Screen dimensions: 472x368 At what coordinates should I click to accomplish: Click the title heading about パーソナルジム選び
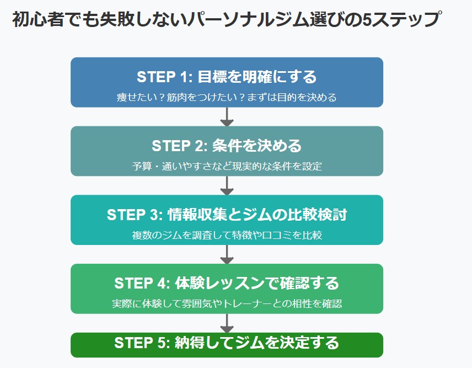[227, 19]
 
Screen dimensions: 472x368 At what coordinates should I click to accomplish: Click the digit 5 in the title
[367, 19]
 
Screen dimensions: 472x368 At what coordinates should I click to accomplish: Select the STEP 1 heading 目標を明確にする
[227, 77]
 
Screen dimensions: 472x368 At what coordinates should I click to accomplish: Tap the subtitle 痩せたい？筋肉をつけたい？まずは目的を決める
[227, 97]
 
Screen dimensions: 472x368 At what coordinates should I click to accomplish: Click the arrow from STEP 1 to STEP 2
[227, 117]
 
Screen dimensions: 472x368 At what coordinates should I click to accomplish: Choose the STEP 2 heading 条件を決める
[227, 146]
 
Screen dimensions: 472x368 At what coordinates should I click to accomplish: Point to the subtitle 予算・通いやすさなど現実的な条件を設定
[227, 166]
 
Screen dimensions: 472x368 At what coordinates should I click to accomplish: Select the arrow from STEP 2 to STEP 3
[227, 185]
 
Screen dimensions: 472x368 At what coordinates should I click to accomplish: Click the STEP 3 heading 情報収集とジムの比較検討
[227, 215]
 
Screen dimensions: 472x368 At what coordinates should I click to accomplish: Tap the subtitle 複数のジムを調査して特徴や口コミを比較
[227, 235]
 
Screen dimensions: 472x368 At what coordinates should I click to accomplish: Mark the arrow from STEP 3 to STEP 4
[227, 254]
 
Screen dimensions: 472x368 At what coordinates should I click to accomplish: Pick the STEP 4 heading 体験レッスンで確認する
[227, 283]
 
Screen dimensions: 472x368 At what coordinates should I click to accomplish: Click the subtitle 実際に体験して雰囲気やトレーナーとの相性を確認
[227, 303]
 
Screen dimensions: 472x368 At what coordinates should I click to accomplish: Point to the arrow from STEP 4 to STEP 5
[227, 323]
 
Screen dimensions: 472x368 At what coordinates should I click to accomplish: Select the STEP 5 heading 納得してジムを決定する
[227, 343]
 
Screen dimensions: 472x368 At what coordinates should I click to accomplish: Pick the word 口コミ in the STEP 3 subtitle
[277, 235]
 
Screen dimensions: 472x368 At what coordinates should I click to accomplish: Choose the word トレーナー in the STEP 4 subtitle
[248, 303]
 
